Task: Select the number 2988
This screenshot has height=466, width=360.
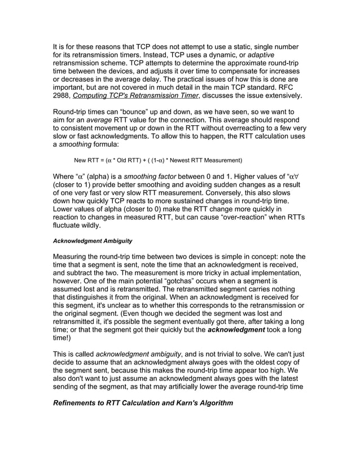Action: pos(63,96)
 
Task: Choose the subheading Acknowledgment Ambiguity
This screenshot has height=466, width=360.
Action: pos(93,241)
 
